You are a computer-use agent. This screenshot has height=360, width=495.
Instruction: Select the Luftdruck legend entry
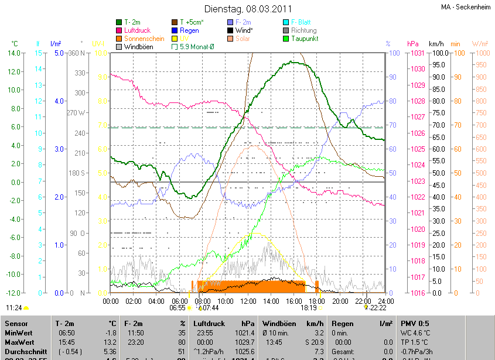138,30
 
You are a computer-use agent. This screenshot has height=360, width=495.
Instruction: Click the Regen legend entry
189,30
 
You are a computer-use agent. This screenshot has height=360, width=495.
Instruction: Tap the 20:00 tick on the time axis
340,301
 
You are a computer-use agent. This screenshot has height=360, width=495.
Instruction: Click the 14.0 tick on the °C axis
13,53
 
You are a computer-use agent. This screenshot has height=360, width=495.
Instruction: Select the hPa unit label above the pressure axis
412,44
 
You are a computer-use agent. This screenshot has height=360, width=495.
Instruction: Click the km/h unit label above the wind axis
436,44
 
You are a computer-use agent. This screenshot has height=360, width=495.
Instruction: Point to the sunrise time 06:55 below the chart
177,307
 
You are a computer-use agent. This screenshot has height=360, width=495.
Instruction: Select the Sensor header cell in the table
16,323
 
